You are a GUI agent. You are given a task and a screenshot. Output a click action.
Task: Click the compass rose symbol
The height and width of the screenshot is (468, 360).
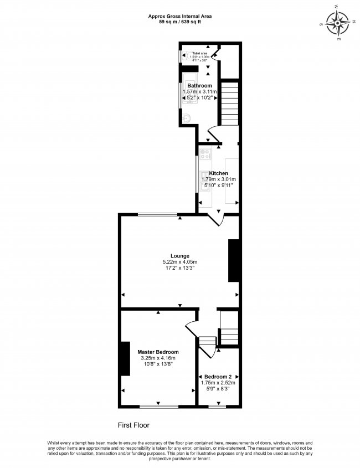tap(337, 23)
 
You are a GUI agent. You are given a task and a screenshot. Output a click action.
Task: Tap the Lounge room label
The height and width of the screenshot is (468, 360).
tap(180, 255)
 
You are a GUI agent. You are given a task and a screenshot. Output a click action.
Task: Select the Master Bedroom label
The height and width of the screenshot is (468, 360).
tap(158, 352)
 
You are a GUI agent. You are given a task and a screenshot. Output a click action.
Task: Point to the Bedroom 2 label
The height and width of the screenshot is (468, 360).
tap(218, 376)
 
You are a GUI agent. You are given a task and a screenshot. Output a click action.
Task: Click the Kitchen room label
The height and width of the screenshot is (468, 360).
tap(218, 173)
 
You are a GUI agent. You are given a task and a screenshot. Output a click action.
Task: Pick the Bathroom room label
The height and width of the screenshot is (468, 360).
tap(199, 85)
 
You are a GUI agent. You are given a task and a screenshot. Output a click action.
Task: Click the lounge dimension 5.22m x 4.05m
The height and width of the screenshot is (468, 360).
tap(180, 262)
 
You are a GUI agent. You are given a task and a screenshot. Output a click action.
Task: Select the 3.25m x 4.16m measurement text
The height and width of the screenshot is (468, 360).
tap(158, 359)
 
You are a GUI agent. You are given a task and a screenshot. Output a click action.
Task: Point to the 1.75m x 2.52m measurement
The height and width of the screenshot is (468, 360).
tap(218, 382)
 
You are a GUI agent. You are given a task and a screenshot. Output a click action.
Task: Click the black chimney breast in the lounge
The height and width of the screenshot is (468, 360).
tap(234, 261)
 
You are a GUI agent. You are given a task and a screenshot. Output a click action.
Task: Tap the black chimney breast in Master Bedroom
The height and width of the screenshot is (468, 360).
tap(125, 360)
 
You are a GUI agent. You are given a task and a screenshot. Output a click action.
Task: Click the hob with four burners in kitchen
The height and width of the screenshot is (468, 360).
tap(205, 153)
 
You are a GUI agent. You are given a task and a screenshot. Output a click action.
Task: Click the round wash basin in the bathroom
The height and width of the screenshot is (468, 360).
tap(188, 117)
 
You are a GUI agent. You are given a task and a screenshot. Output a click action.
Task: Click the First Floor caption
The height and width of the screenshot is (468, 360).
tap(133, 425)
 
